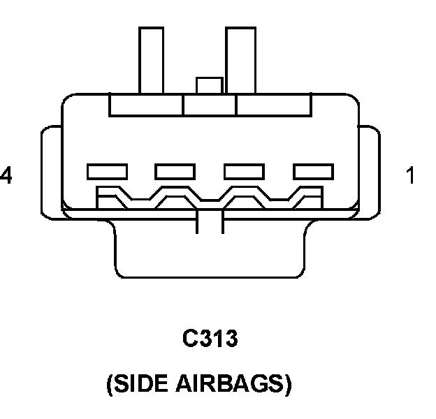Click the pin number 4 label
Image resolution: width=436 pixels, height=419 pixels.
pyautogui.click(x=6, y=175)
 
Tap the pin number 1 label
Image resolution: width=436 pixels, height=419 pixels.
pyautogui.click(x=410, y=175)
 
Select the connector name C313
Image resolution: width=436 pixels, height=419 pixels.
pyautogui.click(x=210, y=339)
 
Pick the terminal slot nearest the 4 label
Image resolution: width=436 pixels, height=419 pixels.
pyautogui.click(x=107, y=171)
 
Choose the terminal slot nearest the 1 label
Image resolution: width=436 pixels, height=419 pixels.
pyautogui.click(x=314, y=171)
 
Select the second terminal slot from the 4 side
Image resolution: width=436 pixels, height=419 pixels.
pyautogui.click(x=175, y=171)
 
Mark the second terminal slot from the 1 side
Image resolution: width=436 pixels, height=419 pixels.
pyautogui.click(x=245, y=171)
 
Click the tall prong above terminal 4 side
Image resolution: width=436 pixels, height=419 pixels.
pyautogui.click(x=151, y=59)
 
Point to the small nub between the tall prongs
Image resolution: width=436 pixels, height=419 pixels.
pyautogui.click(x=210, y=86)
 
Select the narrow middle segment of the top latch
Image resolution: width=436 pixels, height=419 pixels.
pyautogui.click(x=210, y=105)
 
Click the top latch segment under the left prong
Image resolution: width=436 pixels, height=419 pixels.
pyautogui.click(x=146, y=105)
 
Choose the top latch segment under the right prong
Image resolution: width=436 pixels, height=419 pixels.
pyautogui.click(x=273, y=105)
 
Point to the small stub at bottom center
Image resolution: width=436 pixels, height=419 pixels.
pyautogui.click(x=210, y=223)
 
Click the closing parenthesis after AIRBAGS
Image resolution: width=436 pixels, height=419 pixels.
pyautogui.click(x=287, y=385)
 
